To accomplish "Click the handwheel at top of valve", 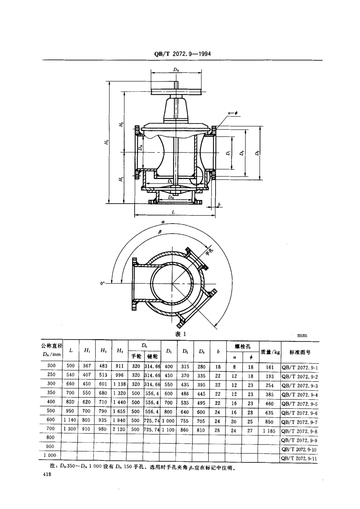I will coord(176,91).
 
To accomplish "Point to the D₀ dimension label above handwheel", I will coord(176,69).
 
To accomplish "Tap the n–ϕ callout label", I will coord(232,113).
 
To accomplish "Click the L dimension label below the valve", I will coord(173,213).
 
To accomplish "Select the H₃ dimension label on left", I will coord(108,142).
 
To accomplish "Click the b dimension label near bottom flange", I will coord(219,205).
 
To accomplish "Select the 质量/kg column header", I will coord(270,352).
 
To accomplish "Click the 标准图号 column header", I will coord(300,352).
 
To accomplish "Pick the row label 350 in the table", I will coord(52,393).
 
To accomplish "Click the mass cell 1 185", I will coord(269,431).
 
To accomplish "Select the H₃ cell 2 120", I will coord(119,431).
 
